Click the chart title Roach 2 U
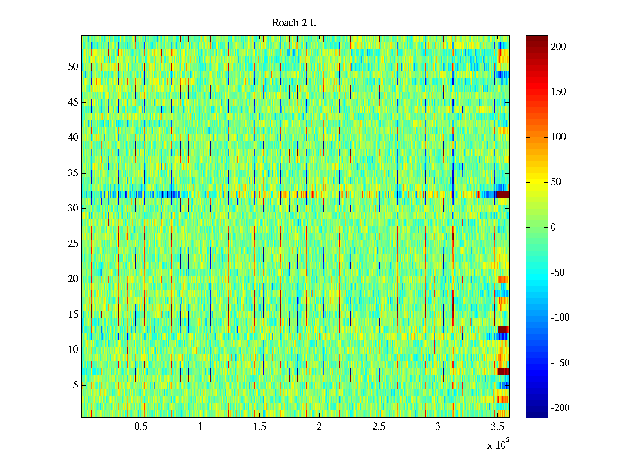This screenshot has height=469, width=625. [295, 23]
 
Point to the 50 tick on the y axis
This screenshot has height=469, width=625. [73, 67]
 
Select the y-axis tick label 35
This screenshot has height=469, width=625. [73, 173]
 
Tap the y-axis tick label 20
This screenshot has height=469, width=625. [73, 279]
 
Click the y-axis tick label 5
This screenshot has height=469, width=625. [75, 385]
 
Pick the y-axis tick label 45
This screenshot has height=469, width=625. [73, 102]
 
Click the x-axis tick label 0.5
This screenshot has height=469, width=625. [141, 427]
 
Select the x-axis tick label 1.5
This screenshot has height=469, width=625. [260, 427]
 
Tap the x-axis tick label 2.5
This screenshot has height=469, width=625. [379, 427]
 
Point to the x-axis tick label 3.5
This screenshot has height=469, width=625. [497, 427]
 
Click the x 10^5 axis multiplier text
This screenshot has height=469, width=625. [498, 445]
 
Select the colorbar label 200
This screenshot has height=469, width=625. [558, 47]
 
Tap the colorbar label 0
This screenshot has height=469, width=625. [553, 227]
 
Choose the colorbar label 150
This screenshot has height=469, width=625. [558, 92]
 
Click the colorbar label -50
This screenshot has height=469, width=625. [557, 272]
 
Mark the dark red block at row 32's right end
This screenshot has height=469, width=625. [503, 194]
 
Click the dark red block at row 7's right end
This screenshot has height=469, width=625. [503, 371]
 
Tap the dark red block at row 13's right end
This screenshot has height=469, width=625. [503, 329]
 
